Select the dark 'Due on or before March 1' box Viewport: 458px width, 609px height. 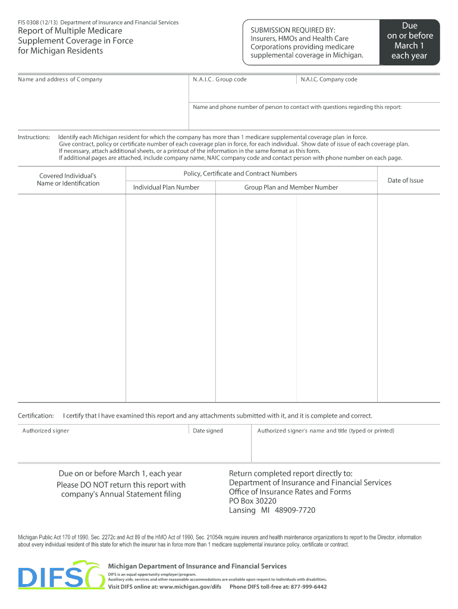click(x=409, y=41)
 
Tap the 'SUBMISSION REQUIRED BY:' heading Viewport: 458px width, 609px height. click(x=293, y=30)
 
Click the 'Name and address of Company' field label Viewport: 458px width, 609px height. click(x=60, y=79)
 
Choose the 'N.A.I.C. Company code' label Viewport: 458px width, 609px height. click(x=329, y=79)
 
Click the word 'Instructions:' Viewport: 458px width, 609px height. click(x=34, y=137)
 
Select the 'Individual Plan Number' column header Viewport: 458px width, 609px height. click(x=166, y=187)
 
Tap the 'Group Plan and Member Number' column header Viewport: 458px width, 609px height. click(x=291, y=187)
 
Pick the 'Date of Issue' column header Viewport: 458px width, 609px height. click(x=406, y=180)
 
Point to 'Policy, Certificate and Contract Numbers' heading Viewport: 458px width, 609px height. click(x=240, y=174)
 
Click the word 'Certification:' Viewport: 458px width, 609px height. click(x=36, y=415)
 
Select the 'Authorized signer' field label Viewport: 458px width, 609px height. click(x=46, y=431)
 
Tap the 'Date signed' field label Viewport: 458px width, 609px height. click(x=208, y=431)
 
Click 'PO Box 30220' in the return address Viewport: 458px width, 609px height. click(x=253, y=501)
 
